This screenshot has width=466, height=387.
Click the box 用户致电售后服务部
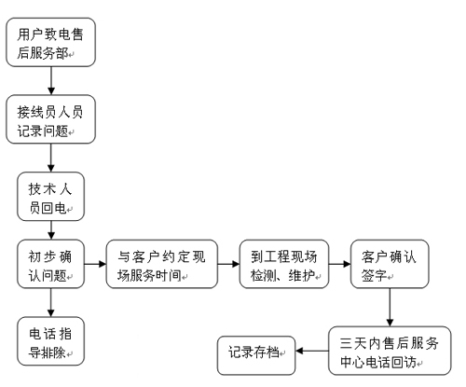point(50,42)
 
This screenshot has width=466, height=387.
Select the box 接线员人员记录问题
point(50,119)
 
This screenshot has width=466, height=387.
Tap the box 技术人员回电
point(50,197)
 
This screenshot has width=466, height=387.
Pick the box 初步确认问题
point(50,264)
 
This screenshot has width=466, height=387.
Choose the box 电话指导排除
point(50,341)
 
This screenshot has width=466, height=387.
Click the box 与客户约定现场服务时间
point(162,264)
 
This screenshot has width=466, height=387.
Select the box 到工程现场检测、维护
point(284,264)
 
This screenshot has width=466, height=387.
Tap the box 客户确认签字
point(390,264)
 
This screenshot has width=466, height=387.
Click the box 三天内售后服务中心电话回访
point(390,351)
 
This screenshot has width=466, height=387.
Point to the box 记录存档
point(256,355)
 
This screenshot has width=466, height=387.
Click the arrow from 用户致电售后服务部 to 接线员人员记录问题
point(51,81)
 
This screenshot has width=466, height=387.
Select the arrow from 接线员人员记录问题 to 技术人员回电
point(51,158)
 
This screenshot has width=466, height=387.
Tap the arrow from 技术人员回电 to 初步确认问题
point(51,230)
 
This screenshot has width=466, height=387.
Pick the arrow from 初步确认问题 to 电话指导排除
point(51,303)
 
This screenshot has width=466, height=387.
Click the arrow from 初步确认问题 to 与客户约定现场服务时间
point(95,264)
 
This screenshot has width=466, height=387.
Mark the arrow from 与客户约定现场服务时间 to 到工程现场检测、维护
point(228,264)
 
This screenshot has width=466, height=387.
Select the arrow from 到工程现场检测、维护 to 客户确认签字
point(340,264)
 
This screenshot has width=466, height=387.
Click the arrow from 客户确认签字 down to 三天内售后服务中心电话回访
point(390,308)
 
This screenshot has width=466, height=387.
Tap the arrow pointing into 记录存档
point(312,351)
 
